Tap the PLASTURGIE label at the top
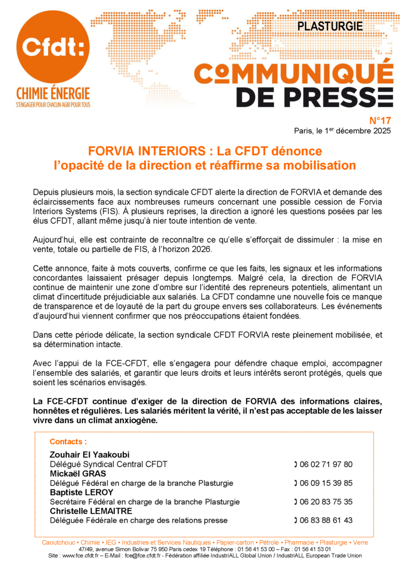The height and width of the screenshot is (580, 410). click(329, 26)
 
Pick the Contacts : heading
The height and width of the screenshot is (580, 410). click(68, 441)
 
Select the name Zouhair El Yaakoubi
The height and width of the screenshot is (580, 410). click(90, 455)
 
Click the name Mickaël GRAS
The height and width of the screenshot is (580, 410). click(77, 473)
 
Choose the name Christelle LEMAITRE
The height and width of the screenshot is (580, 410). click(92, 511)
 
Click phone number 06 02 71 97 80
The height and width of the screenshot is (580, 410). click(326, 464)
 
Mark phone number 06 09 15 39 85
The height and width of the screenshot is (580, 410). click(326, 483)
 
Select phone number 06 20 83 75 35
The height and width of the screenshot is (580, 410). click(326, 502)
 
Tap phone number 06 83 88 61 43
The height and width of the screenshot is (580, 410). click(326, 520)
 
